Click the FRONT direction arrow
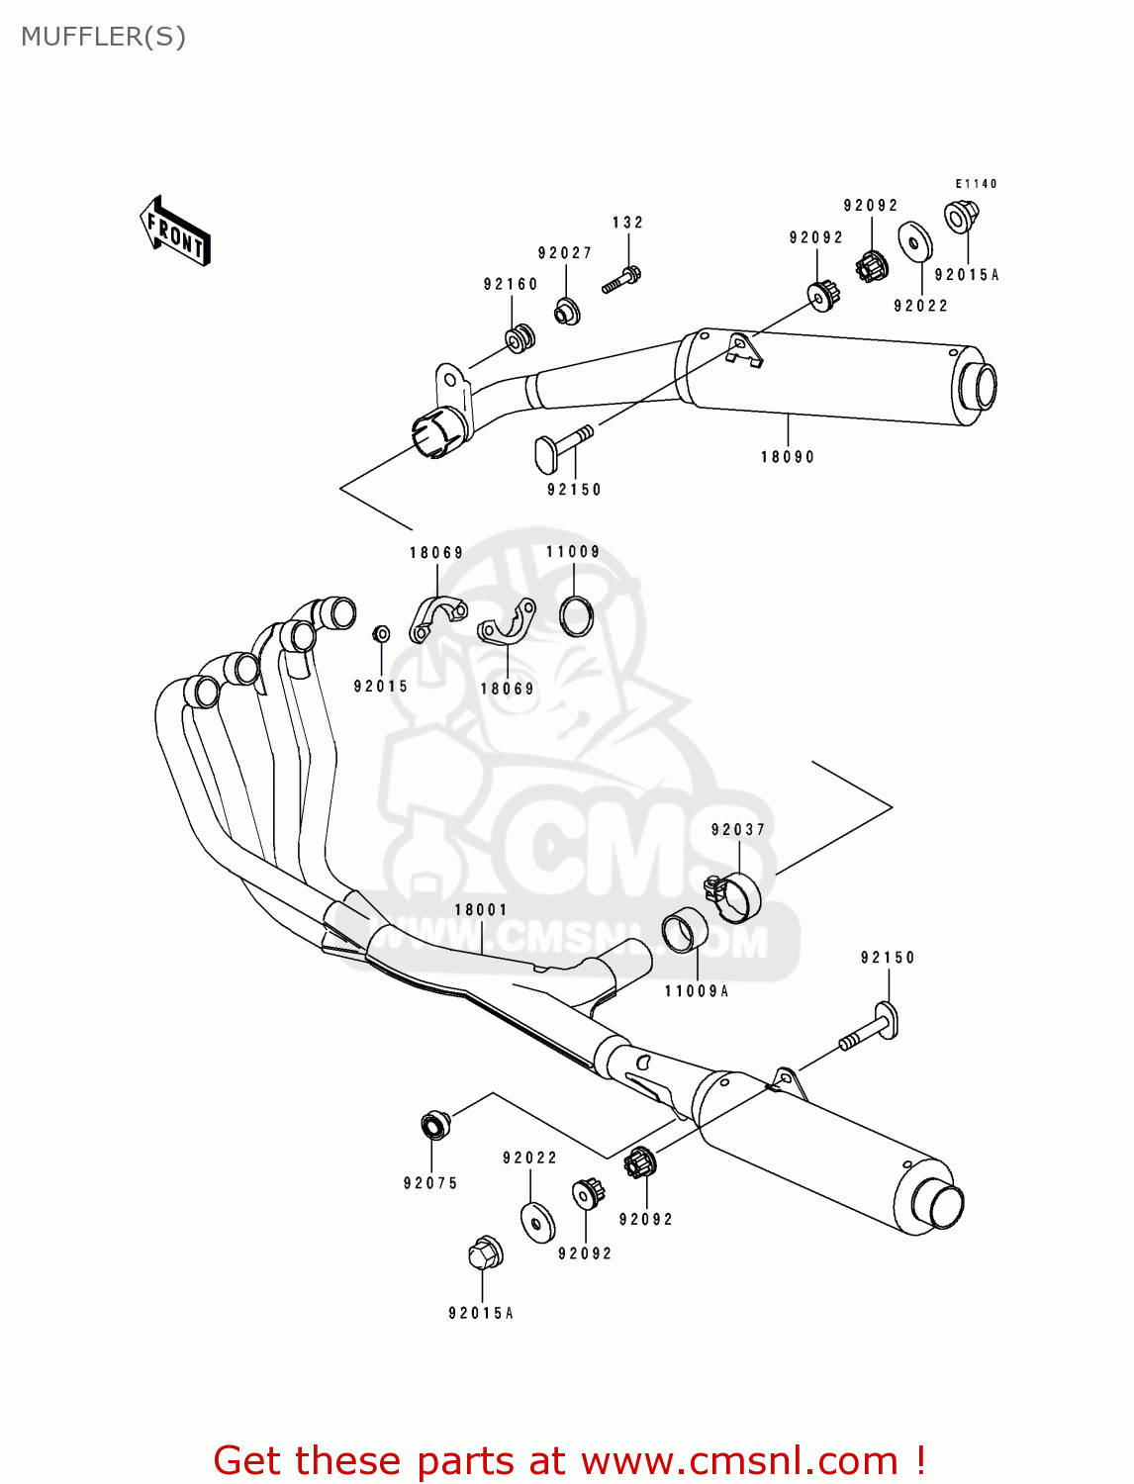[x=175, y=232]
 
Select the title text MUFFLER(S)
[x=103, y=37]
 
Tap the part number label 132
[x=627, y=223]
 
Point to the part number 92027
[x=565, y=253]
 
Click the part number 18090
[x=788, y=457]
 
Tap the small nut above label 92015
[x=381, y=633]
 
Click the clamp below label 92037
[x=734, y=893]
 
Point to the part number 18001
[x=481, y=910]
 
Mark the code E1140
[x=976, y=184]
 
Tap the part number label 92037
[x=738, y=830]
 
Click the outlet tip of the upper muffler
[x=978, y=386]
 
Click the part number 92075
[x=430, y=1183]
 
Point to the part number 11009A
[x=696, y=991]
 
